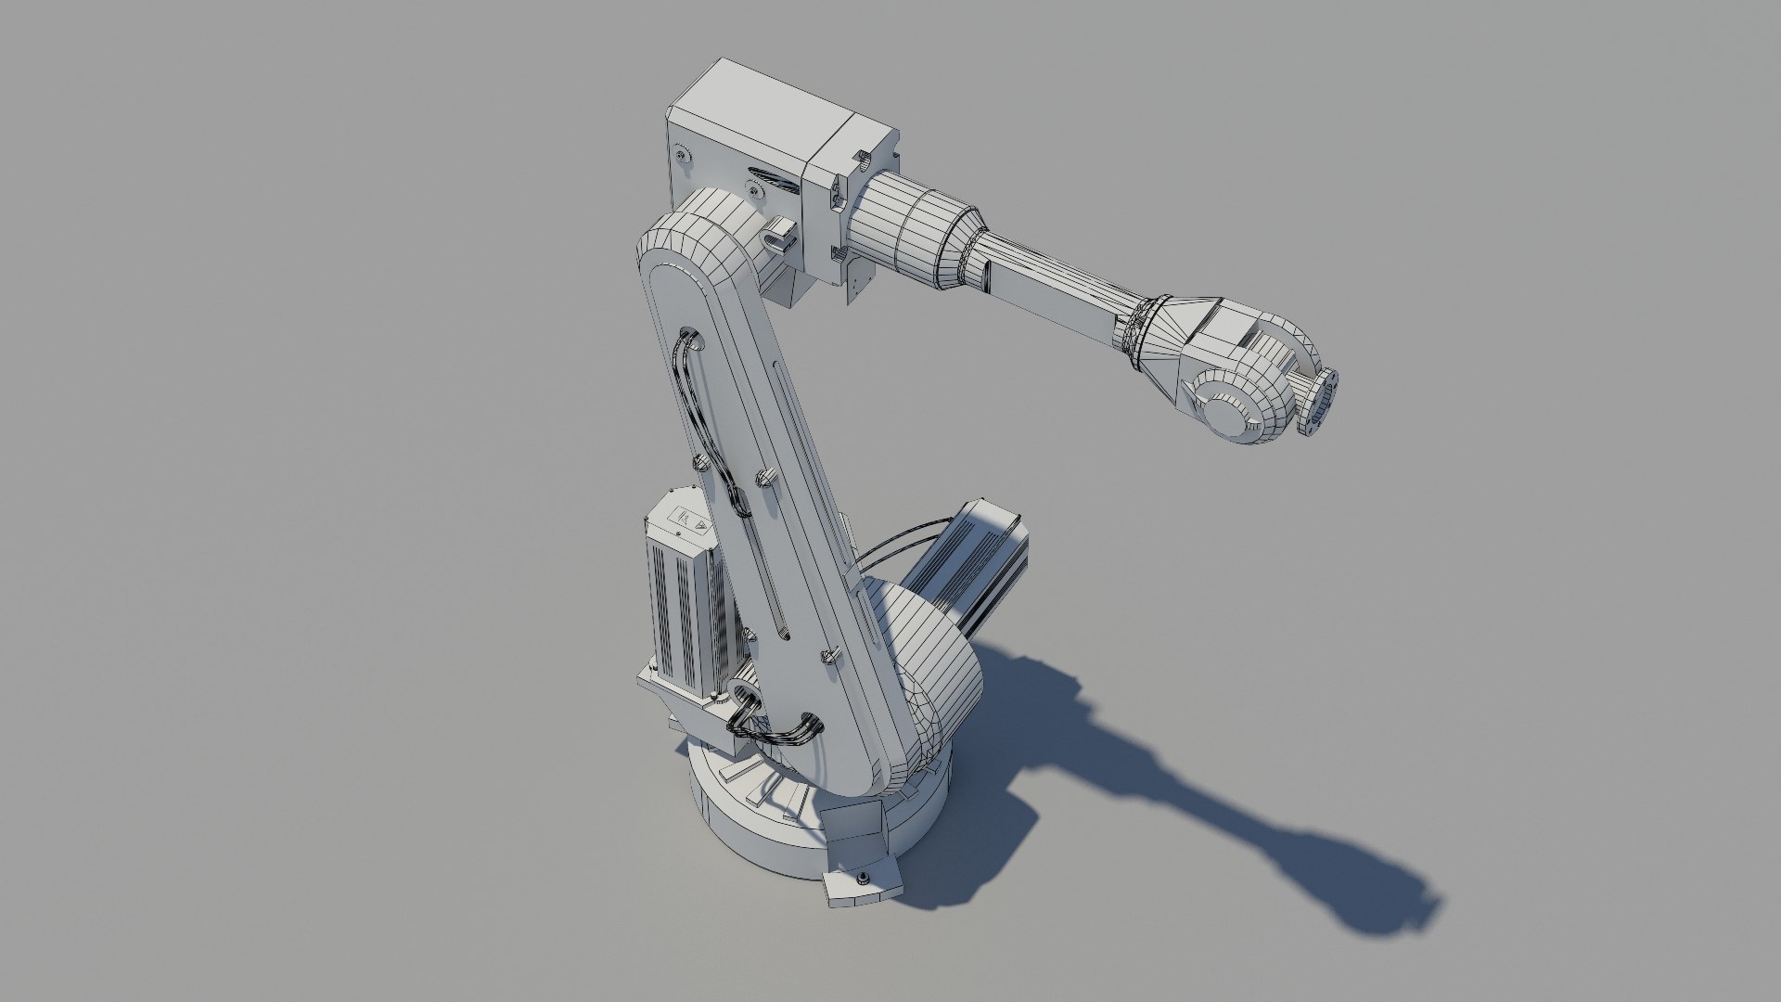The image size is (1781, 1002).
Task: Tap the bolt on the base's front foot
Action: (x=864, y=878)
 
